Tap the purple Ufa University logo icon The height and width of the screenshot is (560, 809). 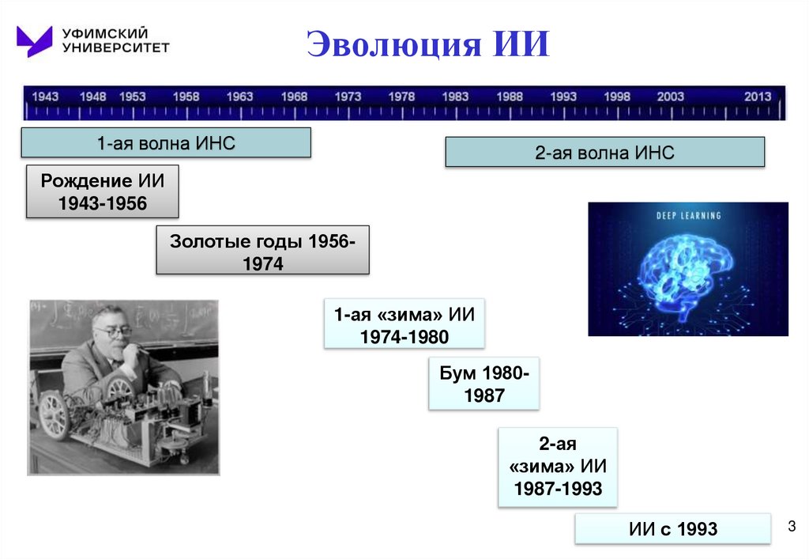point(34,40)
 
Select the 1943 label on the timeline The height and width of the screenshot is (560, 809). point(45,96)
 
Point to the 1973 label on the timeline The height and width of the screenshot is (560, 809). point(348,96)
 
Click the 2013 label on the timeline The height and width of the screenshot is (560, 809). point(757,96)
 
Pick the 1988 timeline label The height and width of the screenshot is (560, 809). point(510,96)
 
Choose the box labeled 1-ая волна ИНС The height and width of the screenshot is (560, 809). point(166,143)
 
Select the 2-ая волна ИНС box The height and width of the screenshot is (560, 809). point(604,152)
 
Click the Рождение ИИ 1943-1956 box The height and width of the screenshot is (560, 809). point(103,191)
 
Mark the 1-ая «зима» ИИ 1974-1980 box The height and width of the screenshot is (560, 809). point(404,324)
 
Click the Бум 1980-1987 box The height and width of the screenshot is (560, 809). point(484,384)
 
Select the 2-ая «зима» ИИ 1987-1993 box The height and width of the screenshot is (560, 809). point(557,467)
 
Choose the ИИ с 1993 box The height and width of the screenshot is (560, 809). point(672,528)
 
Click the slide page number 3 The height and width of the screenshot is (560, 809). point(790,528)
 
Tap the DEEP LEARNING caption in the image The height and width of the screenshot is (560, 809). point(688,215)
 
